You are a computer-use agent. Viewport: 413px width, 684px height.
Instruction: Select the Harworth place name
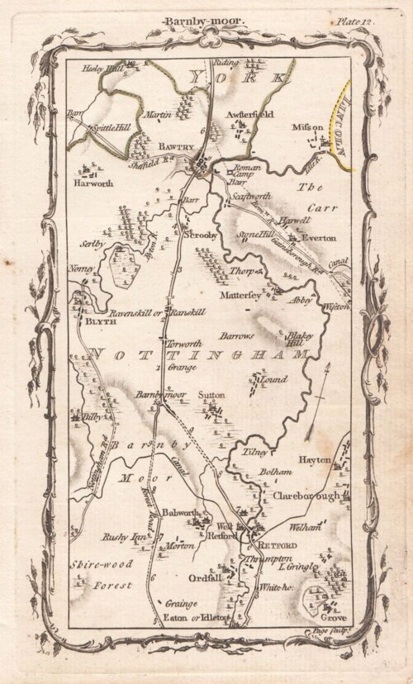tap(93, 183)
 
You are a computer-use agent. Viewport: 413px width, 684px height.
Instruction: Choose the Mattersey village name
tap(240, 292)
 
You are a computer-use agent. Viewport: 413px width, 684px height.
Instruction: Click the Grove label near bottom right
tap(334, 618)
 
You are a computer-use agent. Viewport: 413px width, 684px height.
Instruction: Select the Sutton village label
tap(212, 396)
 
